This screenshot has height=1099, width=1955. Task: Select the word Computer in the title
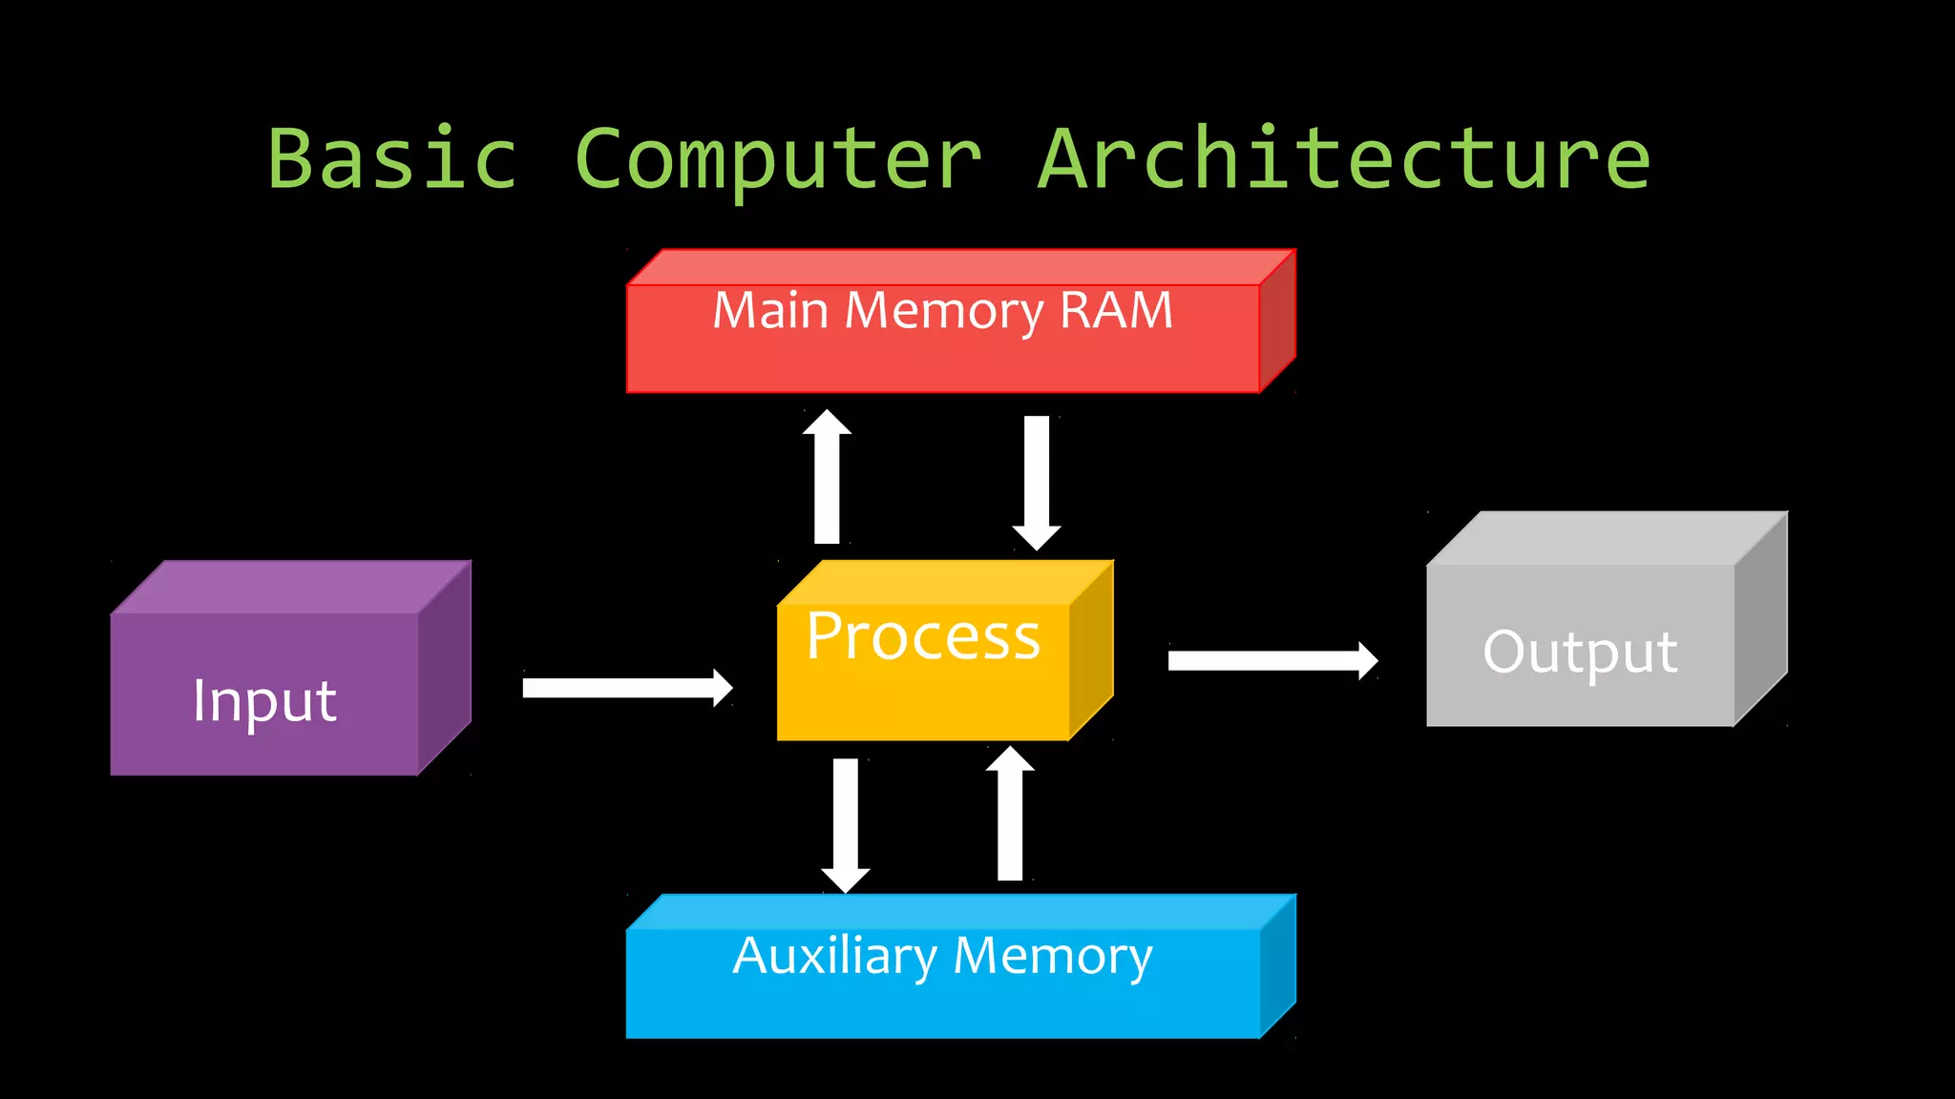click(x=778, y=160)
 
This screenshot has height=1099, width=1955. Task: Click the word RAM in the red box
click(x=1116, y=311)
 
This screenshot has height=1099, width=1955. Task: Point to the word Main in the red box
click(x=770, y=311)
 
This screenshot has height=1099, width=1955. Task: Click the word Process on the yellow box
click(x=923, y=637)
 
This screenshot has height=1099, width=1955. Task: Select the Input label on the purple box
click(x=264, y=701)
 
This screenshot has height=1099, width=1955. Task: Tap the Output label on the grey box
click(x=1580, y=653)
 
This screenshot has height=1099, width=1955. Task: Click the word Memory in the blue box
click(x=1053, y=957)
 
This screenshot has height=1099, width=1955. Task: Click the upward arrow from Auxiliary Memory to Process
click(x=1010, y=815)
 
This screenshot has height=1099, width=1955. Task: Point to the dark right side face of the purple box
click(x=445, y=668)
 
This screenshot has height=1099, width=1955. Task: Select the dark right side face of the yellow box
click(x=1091, y=649)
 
